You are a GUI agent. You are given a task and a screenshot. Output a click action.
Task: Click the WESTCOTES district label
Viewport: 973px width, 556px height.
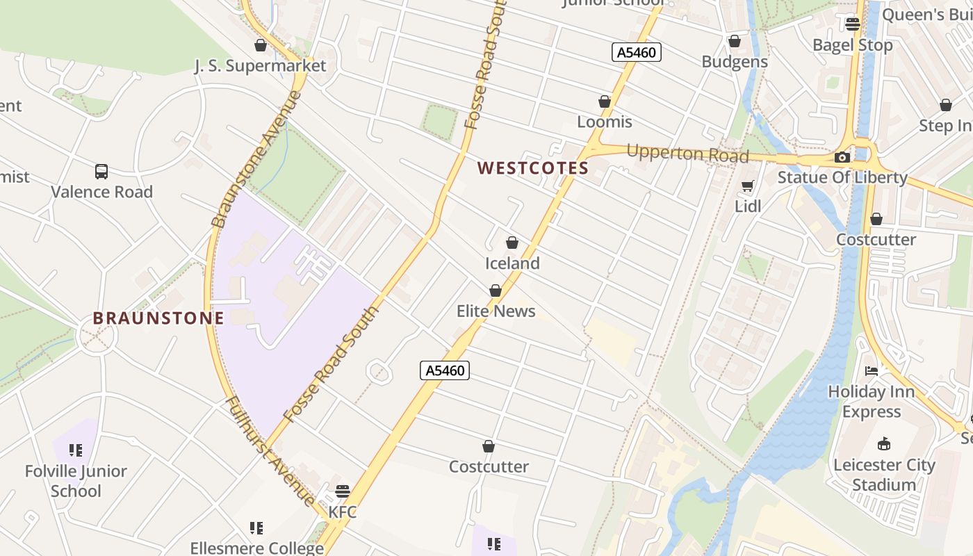[533, 168]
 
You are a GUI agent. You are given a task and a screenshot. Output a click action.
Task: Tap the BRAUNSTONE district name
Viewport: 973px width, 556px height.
[158, 318]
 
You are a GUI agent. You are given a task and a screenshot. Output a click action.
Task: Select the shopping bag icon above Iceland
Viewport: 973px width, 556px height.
[512, 243]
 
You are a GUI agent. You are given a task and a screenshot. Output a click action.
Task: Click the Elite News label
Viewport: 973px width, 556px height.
[496, 311]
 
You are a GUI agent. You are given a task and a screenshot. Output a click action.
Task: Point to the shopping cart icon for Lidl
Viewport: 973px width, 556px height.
[747, 186]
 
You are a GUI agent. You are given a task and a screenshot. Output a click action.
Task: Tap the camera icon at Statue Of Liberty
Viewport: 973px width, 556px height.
[842, 158]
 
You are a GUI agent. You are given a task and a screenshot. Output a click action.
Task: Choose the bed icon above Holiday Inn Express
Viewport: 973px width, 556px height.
[872, 371]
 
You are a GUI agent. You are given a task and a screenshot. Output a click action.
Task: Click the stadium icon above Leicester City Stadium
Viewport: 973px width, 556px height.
[884, 443]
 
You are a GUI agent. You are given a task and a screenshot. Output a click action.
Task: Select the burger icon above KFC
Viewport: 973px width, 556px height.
[342, 492]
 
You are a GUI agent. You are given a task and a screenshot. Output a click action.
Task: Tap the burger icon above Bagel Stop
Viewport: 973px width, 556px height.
[853, 24]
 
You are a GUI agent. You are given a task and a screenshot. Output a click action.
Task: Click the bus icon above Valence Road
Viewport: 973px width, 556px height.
[101, 171]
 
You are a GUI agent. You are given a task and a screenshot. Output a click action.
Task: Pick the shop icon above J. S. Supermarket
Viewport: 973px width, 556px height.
[261, 46]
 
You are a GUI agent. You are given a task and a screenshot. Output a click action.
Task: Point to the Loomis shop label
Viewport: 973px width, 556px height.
[605, 122]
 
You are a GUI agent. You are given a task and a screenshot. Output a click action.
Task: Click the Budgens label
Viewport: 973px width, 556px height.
[735, 61]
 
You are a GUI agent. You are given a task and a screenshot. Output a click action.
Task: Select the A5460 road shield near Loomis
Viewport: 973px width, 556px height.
[636, 52]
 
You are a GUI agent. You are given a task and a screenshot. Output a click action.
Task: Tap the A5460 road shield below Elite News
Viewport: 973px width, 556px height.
[445, 370]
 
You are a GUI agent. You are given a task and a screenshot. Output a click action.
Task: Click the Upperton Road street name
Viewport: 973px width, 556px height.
[687, 153]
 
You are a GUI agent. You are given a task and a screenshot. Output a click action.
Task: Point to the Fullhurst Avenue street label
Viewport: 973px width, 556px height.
[270, 450]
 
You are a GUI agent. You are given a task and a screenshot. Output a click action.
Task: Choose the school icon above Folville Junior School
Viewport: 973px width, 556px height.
[76, 451]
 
